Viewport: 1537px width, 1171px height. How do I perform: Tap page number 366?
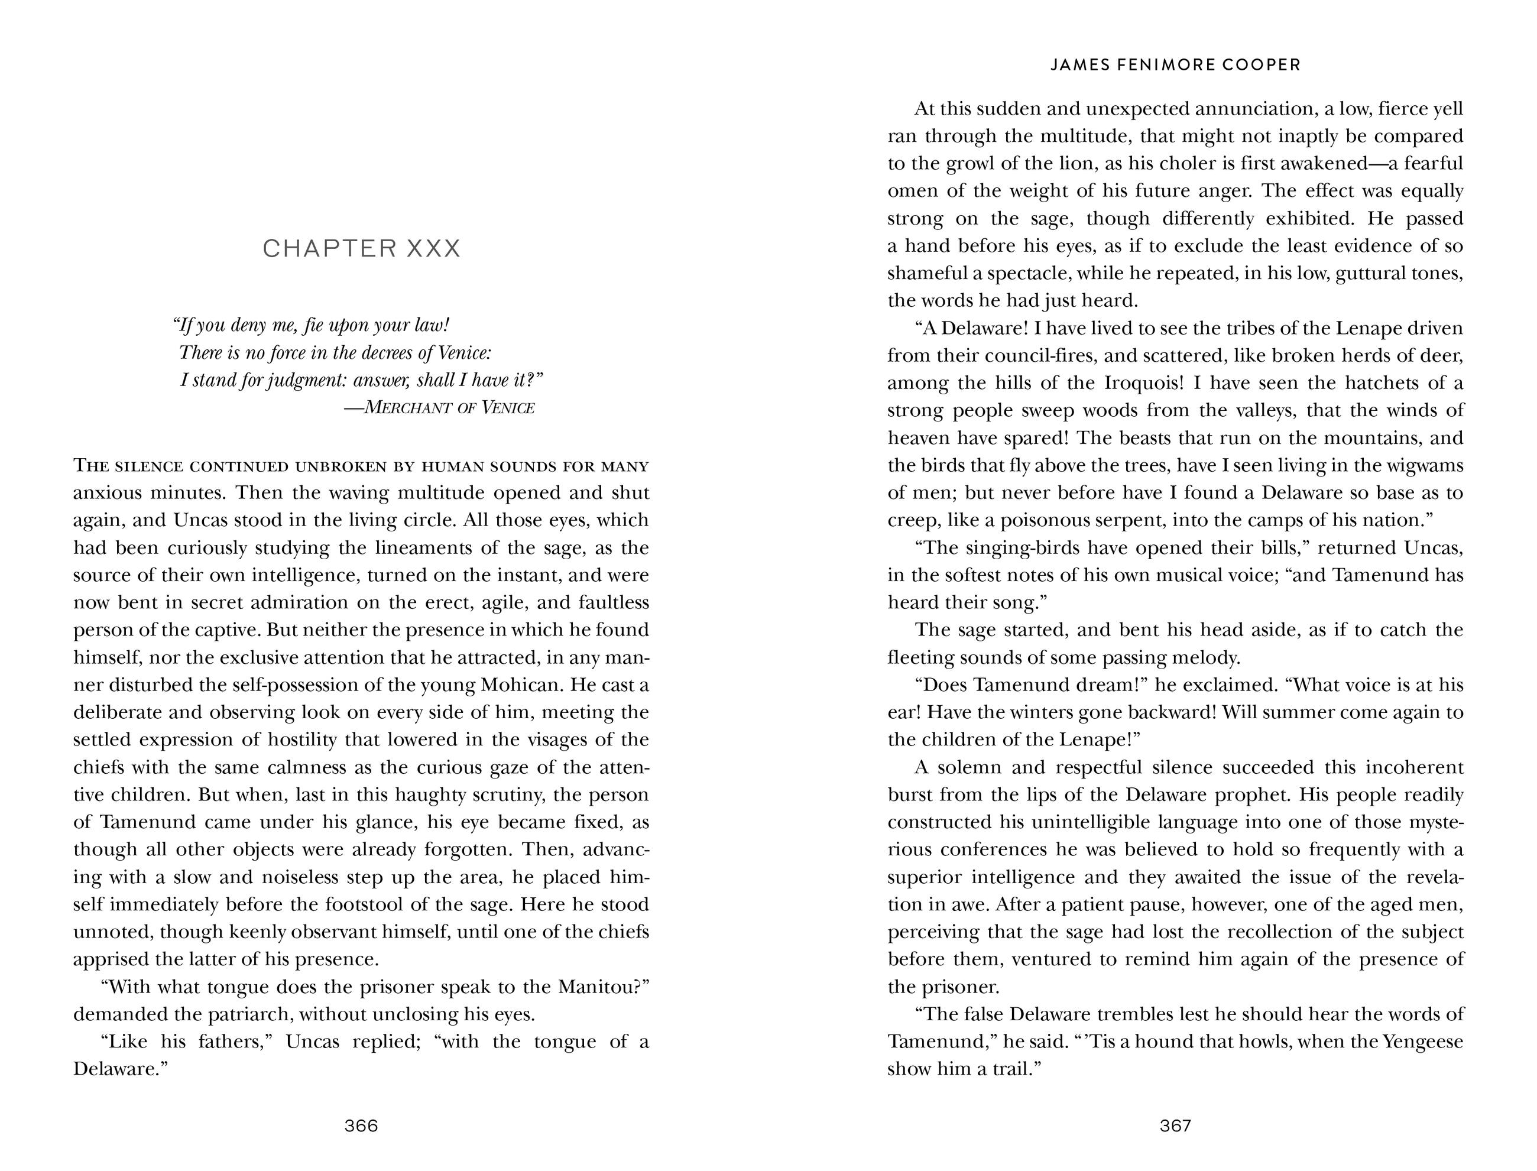(361, 1125)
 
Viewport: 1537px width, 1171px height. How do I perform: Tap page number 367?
(1175, 1125)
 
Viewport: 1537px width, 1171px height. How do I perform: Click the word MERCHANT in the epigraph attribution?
(408, 408)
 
